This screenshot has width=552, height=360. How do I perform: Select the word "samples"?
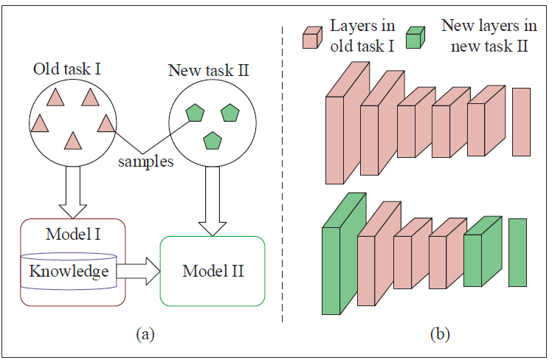(147, 162)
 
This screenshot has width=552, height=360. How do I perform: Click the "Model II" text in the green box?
(213, 270)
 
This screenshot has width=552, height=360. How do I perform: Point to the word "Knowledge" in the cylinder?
(69, 271)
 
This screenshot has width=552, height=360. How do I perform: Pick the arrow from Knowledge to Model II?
(137, 271)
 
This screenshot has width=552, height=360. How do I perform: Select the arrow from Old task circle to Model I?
(73, 191)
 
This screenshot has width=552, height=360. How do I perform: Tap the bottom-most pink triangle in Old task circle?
(72, 139)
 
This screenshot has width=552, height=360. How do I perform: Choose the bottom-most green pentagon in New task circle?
(213, 139)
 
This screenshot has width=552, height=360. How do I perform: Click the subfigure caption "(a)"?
(145, 334)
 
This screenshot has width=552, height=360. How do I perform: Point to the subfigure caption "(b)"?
(441, 334)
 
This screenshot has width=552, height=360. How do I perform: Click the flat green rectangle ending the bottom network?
(517, 252)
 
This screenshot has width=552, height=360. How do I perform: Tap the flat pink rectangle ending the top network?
(521, 122)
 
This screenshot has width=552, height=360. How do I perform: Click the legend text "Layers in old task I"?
(362, 34)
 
